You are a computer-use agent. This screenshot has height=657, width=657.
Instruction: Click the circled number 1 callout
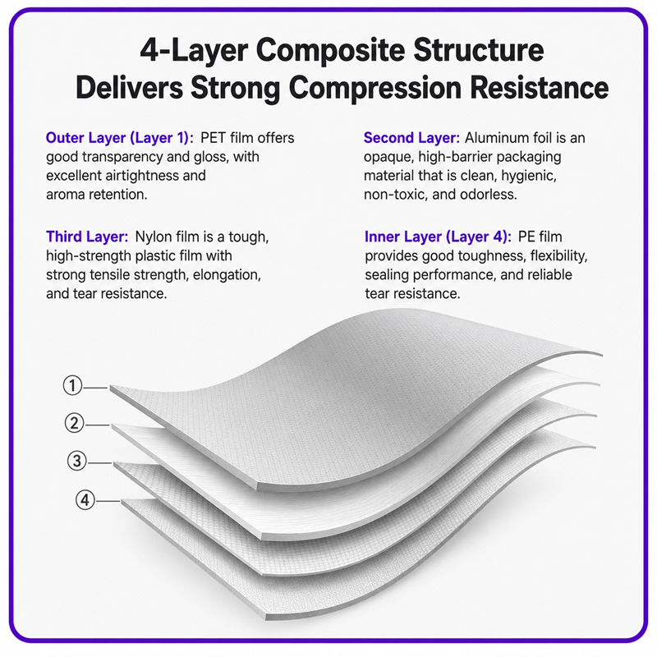point(72,385)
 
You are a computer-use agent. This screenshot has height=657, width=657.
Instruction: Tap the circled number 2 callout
point(74,423)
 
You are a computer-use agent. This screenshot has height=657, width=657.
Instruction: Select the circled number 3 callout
point(77,461)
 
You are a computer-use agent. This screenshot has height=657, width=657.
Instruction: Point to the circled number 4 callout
point(85,500)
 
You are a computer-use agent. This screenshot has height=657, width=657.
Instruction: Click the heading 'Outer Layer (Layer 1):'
point(120,138)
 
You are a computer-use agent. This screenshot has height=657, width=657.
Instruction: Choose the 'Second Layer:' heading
point(411,138)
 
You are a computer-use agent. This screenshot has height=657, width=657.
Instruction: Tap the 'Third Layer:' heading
point(87,237)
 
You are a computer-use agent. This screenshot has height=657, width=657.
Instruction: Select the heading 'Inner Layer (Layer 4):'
point(438,237)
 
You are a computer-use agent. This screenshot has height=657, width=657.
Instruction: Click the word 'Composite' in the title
point(331,51)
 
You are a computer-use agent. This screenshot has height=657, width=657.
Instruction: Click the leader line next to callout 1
point(95,388)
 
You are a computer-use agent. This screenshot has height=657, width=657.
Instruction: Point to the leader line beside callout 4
point(108,501)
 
